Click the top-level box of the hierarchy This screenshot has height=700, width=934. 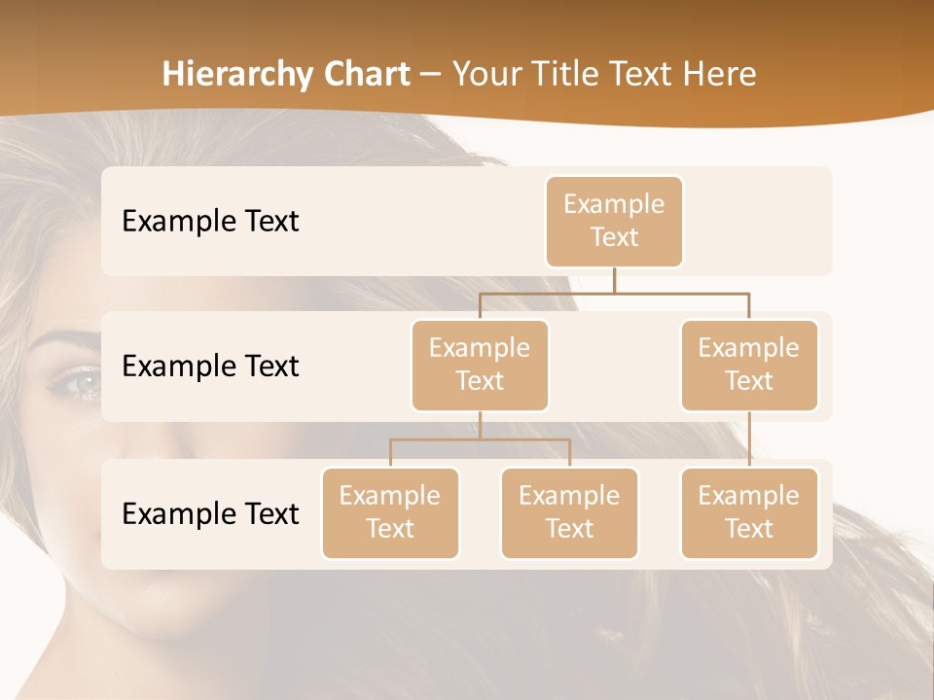(614, 222)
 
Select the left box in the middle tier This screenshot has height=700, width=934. (480, 365)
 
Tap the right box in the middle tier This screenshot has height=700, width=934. (749, 365)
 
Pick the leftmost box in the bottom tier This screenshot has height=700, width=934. (390, 512)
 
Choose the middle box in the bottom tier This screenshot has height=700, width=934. (569, 512)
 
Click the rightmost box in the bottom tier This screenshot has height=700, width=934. (749, 512)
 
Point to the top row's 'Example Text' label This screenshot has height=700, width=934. (210, 222)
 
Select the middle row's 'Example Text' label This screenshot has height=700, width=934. (210, 367)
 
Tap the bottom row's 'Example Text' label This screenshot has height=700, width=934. (210, 513)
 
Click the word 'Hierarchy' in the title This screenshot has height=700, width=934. (235, 75)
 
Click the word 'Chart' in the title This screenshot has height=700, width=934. (365, 74)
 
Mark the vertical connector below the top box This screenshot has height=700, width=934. (614, 280)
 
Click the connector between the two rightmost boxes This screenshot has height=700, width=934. (749, 439)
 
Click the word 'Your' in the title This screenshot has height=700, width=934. (485, 74)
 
